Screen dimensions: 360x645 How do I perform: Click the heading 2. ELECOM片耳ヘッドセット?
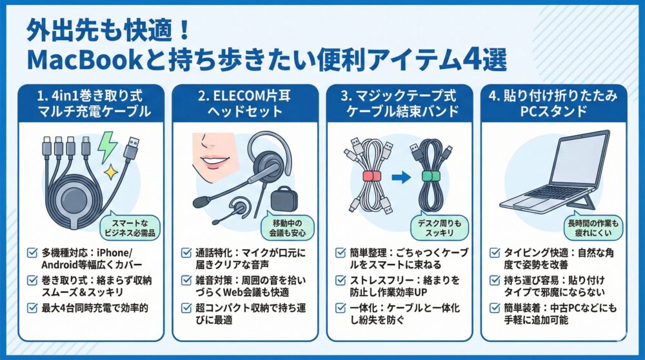pos(245,103)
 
